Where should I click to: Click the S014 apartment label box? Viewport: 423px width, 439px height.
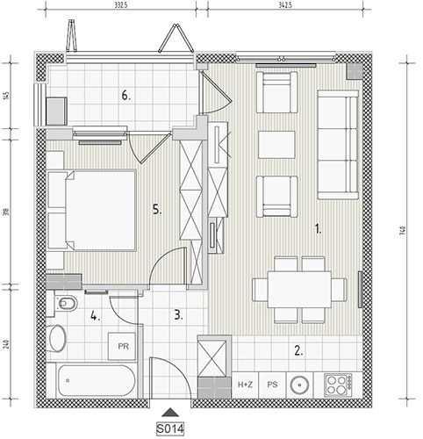pos(170,429)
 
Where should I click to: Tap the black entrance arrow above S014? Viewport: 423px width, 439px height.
pos(170,412)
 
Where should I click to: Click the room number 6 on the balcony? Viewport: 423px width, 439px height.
pos(126,96)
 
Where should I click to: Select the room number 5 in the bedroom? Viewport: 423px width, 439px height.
pos(157,210)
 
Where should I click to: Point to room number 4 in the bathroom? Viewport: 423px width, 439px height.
pos(96,316)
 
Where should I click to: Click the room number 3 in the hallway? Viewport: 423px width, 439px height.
pos(178,315)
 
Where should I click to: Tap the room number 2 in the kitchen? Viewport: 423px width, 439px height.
pos(298,350)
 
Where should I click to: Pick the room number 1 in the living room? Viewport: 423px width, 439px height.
pos(318,228)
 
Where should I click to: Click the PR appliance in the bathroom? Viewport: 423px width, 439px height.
pos(122,346)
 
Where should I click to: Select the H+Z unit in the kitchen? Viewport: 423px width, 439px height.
pos(245,385)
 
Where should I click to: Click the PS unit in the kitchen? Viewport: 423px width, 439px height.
pos(272,385)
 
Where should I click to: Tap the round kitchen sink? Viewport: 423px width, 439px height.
pos(299,385)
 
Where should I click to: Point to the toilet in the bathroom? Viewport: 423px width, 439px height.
pos(67,303)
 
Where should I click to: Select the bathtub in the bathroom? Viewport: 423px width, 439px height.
pos(97,380)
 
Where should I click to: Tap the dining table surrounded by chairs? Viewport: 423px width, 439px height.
pos(299,290)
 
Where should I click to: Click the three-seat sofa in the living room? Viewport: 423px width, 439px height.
pos(338,145)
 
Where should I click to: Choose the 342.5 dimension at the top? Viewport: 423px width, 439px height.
pos(286,5)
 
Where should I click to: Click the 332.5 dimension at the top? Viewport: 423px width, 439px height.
pos(120,5)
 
